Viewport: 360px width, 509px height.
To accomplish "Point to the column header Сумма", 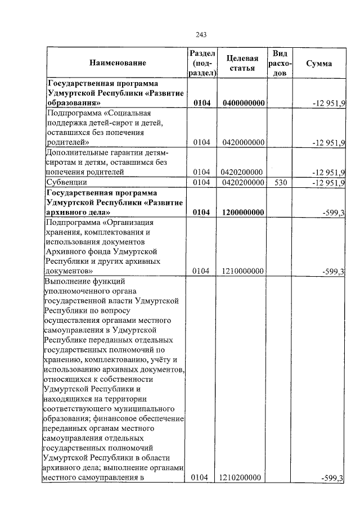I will click(x=318, y=64).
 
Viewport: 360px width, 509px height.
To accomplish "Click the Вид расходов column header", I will click(x=280, y=63).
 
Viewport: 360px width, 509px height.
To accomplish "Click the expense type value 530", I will click(x=280, y=182).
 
